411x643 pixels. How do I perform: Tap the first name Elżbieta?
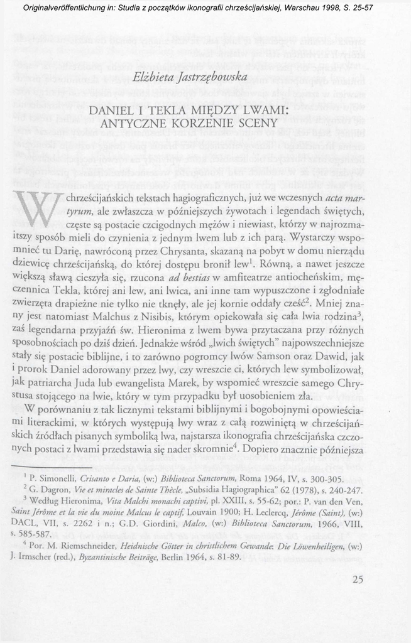click(x=155, y=77)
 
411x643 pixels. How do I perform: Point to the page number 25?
click(x=358, y=579)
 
